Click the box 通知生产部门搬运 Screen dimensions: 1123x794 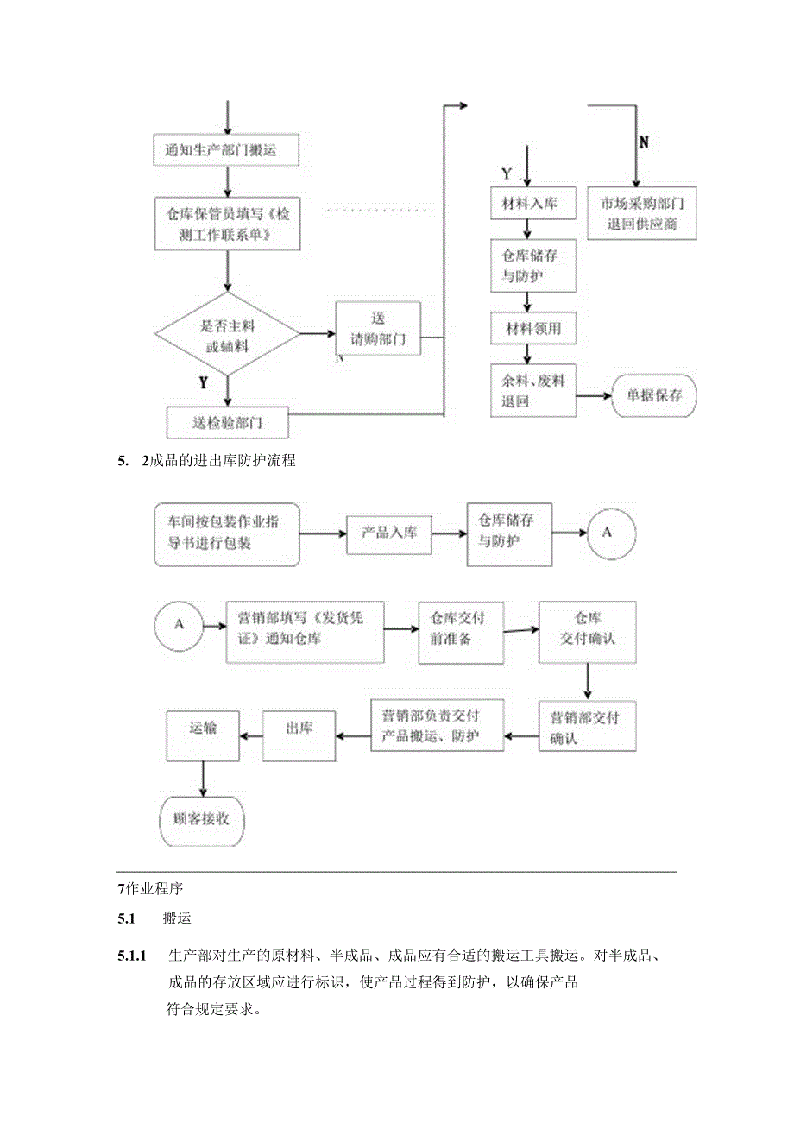click(x=227, y=151)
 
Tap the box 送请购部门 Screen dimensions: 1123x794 click(x=377, y=329)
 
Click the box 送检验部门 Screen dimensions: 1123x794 click(x=227, y=422)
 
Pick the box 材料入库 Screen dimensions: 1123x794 click(x=529, y=204)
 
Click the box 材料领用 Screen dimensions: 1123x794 click(x=532, y=329)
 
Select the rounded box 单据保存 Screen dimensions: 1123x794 click(x=654, y=395)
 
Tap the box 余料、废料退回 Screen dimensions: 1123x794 click(x=533, y=391)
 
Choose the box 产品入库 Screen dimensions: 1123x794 click(x=388, y=533)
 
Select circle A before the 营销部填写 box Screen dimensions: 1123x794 click(x=179, y=623)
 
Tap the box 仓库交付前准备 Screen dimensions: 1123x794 click(x=461, y=632)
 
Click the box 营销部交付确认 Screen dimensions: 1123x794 click(x=588, y=727)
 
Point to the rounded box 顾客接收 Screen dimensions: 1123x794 click(x=202, y=818)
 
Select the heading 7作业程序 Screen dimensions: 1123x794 click(x=150, y=888)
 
